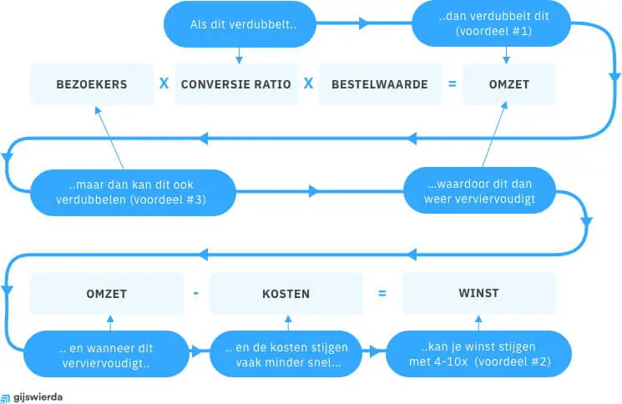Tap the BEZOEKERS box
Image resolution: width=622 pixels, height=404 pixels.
(x=92, y=85)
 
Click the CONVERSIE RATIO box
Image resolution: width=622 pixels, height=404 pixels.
(x=236, y=85)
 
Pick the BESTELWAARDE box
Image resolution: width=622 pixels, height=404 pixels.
(x=379, y=85)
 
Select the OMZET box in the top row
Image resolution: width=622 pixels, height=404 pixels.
(x=508, y=85)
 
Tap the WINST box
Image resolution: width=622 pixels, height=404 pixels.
(x=478, y=294)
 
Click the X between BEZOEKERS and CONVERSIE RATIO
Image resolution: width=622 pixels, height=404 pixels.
(x=164, y=84)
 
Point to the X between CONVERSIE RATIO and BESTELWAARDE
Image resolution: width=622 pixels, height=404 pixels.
(x=308, y=84)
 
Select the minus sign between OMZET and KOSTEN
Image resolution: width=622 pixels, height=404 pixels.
(x=195, y=294)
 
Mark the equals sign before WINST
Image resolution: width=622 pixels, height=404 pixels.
(x=382, y=294)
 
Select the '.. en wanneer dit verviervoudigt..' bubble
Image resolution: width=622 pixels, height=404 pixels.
(x=106, y=354)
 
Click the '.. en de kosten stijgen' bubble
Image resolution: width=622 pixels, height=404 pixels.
(x=286, y=354)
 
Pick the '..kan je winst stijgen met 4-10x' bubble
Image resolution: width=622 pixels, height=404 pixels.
(x=478, y=354)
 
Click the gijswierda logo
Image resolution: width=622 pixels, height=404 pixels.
(x=33, y=397)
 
